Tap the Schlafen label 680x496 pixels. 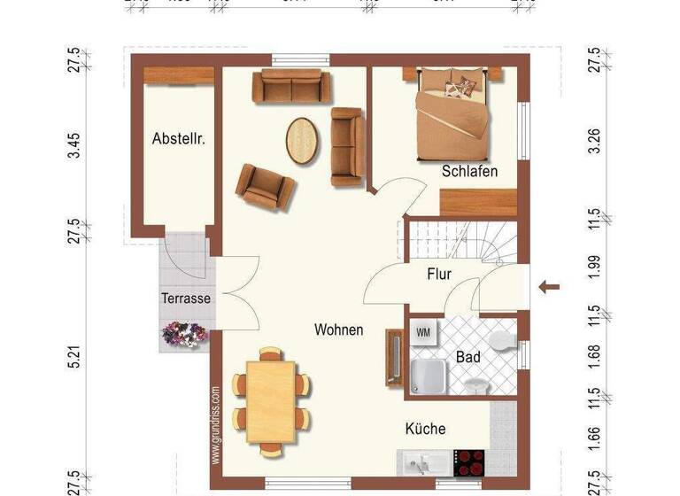coord(469,171)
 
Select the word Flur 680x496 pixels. coord(438,274)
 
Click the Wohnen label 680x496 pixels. coord(338,329)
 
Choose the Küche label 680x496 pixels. coord(425,429)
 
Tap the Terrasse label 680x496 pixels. coord(186,298)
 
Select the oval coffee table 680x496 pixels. coord(301,139)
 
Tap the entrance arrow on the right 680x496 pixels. coord(550,286)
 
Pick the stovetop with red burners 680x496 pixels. coord(469,462)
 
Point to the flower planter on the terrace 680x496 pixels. coord(185,334)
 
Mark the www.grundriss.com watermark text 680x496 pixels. coord(216,425)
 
